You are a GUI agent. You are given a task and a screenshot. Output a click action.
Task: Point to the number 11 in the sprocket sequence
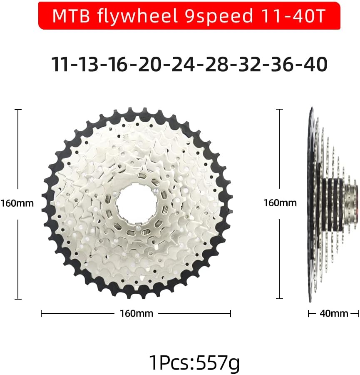[60, 65]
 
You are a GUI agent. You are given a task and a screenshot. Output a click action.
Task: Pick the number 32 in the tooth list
[250, 65]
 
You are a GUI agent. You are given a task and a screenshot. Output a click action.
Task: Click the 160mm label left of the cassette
[17, 203]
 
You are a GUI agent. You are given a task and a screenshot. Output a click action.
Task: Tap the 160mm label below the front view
[136, 313]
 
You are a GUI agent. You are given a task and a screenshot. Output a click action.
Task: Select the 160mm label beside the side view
[280, 203]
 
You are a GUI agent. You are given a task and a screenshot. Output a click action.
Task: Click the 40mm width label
[334, 313]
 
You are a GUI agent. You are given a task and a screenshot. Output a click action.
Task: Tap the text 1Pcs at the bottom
[169, 362]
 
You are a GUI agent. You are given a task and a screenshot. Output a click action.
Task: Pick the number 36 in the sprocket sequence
[283, 65]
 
